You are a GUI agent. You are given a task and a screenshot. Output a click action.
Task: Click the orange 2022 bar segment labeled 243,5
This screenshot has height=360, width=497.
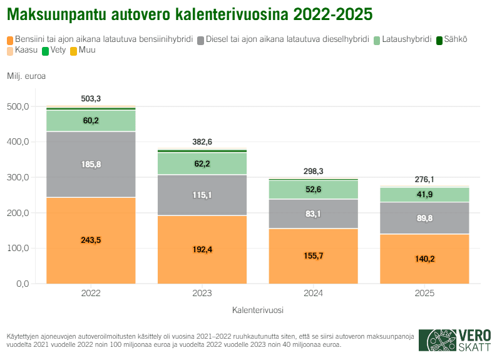91,240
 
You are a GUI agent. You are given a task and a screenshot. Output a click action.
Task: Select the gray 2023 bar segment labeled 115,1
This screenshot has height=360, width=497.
202,195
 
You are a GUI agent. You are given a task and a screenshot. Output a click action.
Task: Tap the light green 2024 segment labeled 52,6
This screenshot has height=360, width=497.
313,190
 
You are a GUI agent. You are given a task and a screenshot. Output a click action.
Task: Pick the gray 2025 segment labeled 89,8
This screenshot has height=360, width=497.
424,218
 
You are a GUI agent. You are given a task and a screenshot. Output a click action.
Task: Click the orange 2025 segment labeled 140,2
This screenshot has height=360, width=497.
424,259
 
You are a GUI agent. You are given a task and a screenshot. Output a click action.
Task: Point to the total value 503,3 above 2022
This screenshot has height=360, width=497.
91,99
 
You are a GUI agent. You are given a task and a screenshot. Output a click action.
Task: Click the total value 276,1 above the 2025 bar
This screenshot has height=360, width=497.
424,180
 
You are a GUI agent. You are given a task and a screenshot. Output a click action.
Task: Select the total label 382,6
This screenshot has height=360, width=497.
202,142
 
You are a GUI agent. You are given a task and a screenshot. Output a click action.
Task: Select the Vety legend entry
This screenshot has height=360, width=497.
54,49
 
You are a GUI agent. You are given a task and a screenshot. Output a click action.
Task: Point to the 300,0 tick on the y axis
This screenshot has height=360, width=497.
19,178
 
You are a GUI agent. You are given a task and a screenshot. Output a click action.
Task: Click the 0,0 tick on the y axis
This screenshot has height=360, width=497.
23,284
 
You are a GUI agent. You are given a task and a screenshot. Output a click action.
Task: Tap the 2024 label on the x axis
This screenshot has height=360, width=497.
313,293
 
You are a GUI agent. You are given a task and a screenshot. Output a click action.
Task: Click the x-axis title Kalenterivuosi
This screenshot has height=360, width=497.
257,310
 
